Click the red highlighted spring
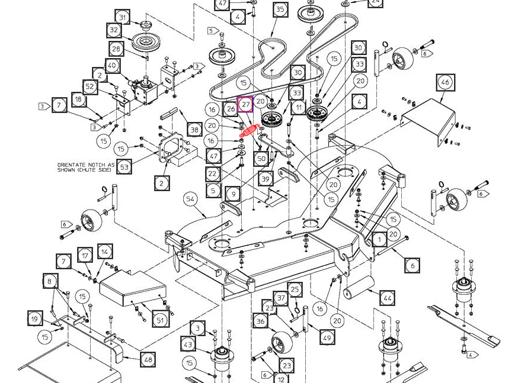250,131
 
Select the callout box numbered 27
245,104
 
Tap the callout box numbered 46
445,82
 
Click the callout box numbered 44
387,298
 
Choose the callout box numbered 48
148,359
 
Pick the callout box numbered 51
160,320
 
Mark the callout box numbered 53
124,167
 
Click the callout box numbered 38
194,130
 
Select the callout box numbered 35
280,9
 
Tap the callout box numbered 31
123,17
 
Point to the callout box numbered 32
114,30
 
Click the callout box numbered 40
113,65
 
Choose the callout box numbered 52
90,87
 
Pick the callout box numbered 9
234,194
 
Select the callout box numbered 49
327,337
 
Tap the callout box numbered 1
379,240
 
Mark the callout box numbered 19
35,318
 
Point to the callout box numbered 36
261,321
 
